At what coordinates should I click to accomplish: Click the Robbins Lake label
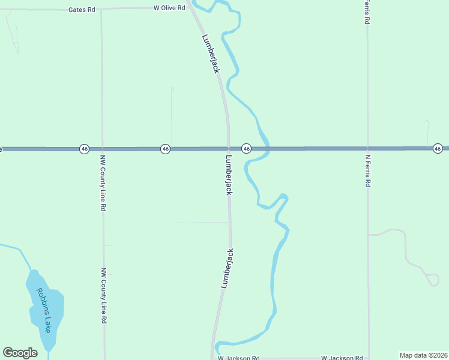point(44,311)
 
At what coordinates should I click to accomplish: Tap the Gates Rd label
point(82,10)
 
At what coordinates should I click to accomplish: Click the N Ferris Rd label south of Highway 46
point(367,171)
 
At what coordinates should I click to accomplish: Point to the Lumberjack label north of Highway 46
point(211,53)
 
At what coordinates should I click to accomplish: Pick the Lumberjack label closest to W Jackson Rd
point(227,269)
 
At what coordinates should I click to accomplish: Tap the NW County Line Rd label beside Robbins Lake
point(104,296)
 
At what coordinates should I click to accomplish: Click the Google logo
point(20,353)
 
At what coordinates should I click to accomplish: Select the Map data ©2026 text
point(423,355)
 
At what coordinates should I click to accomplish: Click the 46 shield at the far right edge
point(438,148)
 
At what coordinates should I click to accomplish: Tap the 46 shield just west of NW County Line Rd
point(84,148)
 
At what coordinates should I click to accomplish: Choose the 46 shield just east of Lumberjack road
point(246,148)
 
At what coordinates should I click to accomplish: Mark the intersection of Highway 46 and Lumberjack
point(229,148)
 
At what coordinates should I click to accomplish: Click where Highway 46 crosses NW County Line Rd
point(102,148)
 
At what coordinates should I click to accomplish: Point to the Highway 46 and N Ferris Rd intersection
point(367,148)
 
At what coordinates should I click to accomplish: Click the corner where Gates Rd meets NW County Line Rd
point(101,10)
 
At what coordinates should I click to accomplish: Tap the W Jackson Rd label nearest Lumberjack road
point(239,358)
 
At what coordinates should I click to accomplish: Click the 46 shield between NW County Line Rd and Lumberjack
point(164,148)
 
